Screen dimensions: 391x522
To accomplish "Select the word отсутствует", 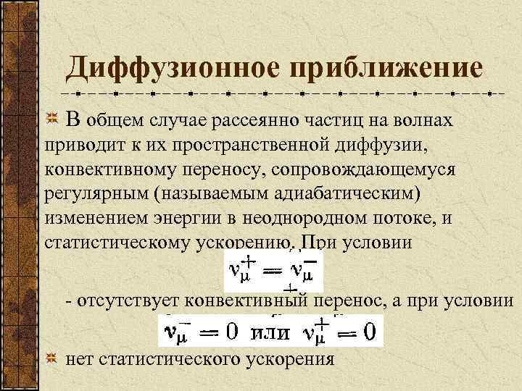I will (130, 301).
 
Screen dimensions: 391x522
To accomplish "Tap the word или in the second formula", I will (270, 333).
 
